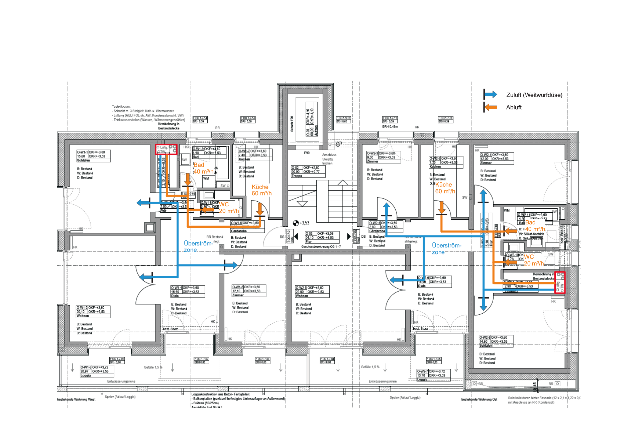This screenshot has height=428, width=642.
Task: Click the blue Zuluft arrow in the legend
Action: pos(491,95)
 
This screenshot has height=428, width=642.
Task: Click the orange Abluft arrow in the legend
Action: pos(491,107)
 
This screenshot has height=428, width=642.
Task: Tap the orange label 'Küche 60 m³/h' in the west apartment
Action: pos(261,190)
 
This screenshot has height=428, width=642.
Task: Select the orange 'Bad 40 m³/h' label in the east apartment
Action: pos(535,226)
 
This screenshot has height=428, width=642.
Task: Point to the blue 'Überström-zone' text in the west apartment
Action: pos(198,246)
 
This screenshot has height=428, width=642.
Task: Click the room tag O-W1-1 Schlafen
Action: pos(93,156)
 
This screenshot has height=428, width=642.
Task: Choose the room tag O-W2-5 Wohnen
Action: pos(312,292)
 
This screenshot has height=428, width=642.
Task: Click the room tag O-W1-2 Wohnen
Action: pos(93,312)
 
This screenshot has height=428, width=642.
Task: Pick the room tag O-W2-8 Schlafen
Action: pos(496,341)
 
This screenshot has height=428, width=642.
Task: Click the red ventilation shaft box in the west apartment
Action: pos(166,149)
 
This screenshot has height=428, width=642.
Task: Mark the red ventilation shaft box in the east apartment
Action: pos(560,283)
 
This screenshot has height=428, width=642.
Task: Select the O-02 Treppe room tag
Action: pos(308,172)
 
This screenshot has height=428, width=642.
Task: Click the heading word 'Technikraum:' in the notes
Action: pos(121,106)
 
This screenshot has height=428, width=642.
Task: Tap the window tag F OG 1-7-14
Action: pos(200,120)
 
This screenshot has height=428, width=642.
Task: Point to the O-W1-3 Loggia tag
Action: pos(97,371)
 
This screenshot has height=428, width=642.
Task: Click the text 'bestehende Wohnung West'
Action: pos(76,399)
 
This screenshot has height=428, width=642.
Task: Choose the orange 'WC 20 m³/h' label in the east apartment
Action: pos(533,260)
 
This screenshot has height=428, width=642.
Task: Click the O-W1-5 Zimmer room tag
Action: pos(249,291)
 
